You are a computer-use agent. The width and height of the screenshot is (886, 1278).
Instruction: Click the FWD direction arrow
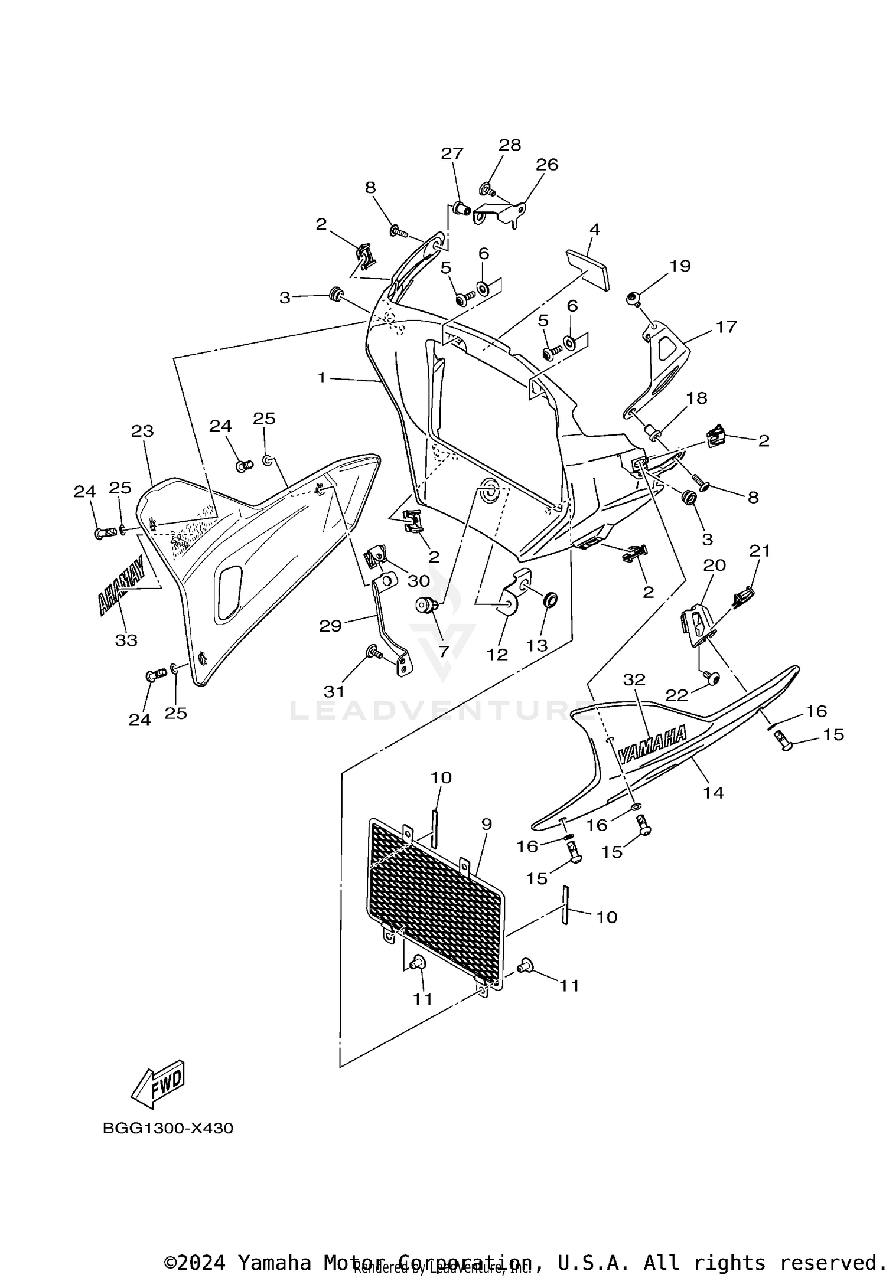pos(158,1084)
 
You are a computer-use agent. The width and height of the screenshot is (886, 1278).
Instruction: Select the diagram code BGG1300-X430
pos(168,1128)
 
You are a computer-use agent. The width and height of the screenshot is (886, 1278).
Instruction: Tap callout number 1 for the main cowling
pos(322,377)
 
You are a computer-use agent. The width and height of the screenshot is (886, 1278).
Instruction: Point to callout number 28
pos(510,145)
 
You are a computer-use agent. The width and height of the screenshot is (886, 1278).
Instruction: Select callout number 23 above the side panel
pos(142,431)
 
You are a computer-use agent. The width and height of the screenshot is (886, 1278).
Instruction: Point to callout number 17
pos(726,326)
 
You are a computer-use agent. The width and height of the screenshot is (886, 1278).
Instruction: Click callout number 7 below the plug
pos(443,651)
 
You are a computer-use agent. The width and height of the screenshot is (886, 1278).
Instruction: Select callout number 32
pos(634,679)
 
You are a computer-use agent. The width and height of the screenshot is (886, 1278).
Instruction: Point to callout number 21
pos(760,551)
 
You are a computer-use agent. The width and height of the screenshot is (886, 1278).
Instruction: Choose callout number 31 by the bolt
pos(334,691)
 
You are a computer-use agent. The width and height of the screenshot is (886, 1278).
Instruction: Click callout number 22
pos(677,695)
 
